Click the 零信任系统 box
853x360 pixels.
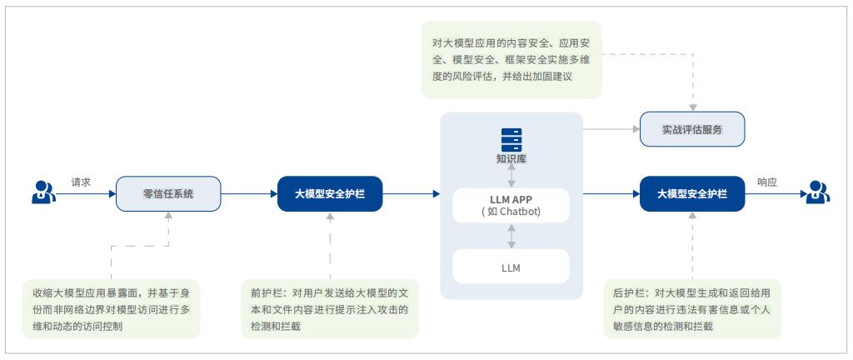pyautogui.click(x=168, y=193)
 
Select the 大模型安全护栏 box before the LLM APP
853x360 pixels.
pyautogui.click(x=330, y=193)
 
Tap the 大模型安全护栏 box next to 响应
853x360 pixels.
pyautogui.click(x=692, y=193)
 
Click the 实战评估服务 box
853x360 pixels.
pyautogui.click(x=691, y=129)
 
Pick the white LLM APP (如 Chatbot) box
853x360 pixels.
pyautogui.click(x=511, y=205)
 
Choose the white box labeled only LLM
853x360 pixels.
pyautogui.click(x=511, y=267)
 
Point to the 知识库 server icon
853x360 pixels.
pyautogui.click(x=511, y=138)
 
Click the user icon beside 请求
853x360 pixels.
pyautogui.click(x=42, y=192)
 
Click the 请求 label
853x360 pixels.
pyautogui.click(x=81, y=181)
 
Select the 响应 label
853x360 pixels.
pyautogui.click(x=767, y=181)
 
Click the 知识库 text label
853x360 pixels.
pyautogui.click(x=511, y=158)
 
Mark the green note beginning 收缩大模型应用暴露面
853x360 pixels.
pyautogui.click(x=111, y=308)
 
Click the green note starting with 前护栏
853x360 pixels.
pyautogui.click(x=329, y=308)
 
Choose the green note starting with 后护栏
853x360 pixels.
pyautogui.click(x=692, y=308)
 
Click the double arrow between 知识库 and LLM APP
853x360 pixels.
pyautogui.click(x=511, y=176)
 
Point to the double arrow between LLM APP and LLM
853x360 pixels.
pyautogui.click(x=511, y=236)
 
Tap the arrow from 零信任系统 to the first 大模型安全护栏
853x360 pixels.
pyautogui.click(x=248, y=193)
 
